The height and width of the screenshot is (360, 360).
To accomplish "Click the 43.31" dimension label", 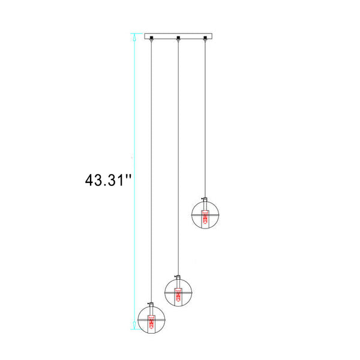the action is pyautogui.click(x=108, y=180).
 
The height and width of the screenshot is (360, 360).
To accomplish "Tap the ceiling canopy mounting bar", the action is pyautogui.click(x=178, y=36).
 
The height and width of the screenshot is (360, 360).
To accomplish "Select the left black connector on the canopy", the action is pyautogui.click(x=151, y=38).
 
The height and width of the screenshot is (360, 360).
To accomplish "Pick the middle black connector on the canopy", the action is pyautogui.click(x=178, y=38).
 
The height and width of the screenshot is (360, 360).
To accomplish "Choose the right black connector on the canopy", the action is pyautogui.click(x=205, y=38).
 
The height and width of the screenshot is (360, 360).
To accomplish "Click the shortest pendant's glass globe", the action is pyautogui.click(x=192, y=215).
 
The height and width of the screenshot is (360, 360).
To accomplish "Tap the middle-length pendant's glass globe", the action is pyautogui.click(x=165, y=292).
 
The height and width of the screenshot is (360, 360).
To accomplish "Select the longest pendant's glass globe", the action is pyautogui.click(x=138, y=319).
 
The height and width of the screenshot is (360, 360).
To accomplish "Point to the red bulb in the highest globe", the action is pyautogui.click(x=205, y=217).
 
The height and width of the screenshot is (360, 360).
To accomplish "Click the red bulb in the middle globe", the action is pyautogui.click(x=178, y=295).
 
